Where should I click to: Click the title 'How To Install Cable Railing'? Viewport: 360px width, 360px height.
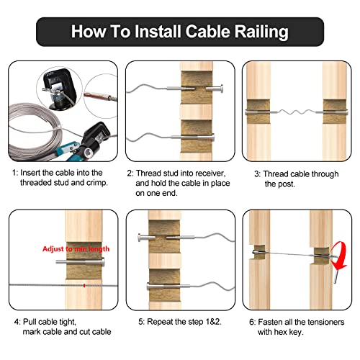coord(179,32)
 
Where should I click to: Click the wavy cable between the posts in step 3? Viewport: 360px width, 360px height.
coord(296,113)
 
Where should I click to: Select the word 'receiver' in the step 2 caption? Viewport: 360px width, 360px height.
coord(210,174)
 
